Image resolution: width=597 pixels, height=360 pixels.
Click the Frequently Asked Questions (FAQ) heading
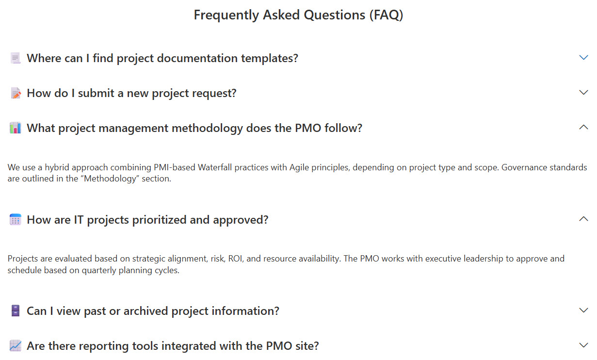298,15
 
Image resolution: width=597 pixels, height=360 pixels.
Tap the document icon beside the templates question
15,58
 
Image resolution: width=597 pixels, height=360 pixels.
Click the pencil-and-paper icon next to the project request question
16,93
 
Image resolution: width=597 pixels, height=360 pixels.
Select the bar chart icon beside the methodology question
15,128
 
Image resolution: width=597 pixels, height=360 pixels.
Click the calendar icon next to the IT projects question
15,219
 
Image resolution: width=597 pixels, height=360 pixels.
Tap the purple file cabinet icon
16,311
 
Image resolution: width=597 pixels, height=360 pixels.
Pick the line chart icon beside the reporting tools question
15,345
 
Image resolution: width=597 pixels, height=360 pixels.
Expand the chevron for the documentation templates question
584,57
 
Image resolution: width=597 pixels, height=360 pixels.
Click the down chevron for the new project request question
584,92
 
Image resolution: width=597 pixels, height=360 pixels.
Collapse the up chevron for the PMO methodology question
584,127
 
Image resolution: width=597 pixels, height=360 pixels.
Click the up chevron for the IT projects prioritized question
584,219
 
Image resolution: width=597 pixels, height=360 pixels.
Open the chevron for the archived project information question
584,310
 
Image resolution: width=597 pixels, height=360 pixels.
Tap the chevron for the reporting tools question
584,345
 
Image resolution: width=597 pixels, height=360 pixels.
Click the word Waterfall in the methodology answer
215,167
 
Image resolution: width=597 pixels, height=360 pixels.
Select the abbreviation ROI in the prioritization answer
236,259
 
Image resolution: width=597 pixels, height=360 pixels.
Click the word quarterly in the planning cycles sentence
99,270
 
